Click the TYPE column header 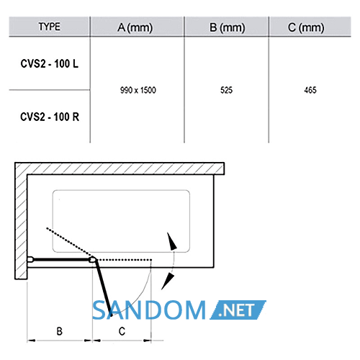tap(50, 27)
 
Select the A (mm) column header tap(135, 27)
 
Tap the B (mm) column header tap(228, 27)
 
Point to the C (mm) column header tap(306, 27)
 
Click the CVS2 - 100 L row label tap(50, 64)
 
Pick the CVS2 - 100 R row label tap(50, 117)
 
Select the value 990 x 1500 tap(138, 90)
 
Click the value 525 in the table tap(227, 90)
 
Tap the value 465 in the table tap(310, 90)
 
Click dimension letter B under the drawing tap(60, 331)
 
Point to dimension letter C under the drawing tap(122, 331)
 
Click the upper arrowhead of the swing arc tap(172, 241)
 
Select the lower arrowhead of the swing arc tap(168, 282)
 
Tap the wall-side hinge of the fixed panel tap(30, 259)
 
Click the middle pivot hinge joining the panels tap(92, 259)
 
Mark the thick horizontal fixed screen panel tap(61, 259)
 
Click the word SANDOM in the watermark tap(149, 310)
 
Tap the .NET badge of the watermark tap(238, 310)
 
